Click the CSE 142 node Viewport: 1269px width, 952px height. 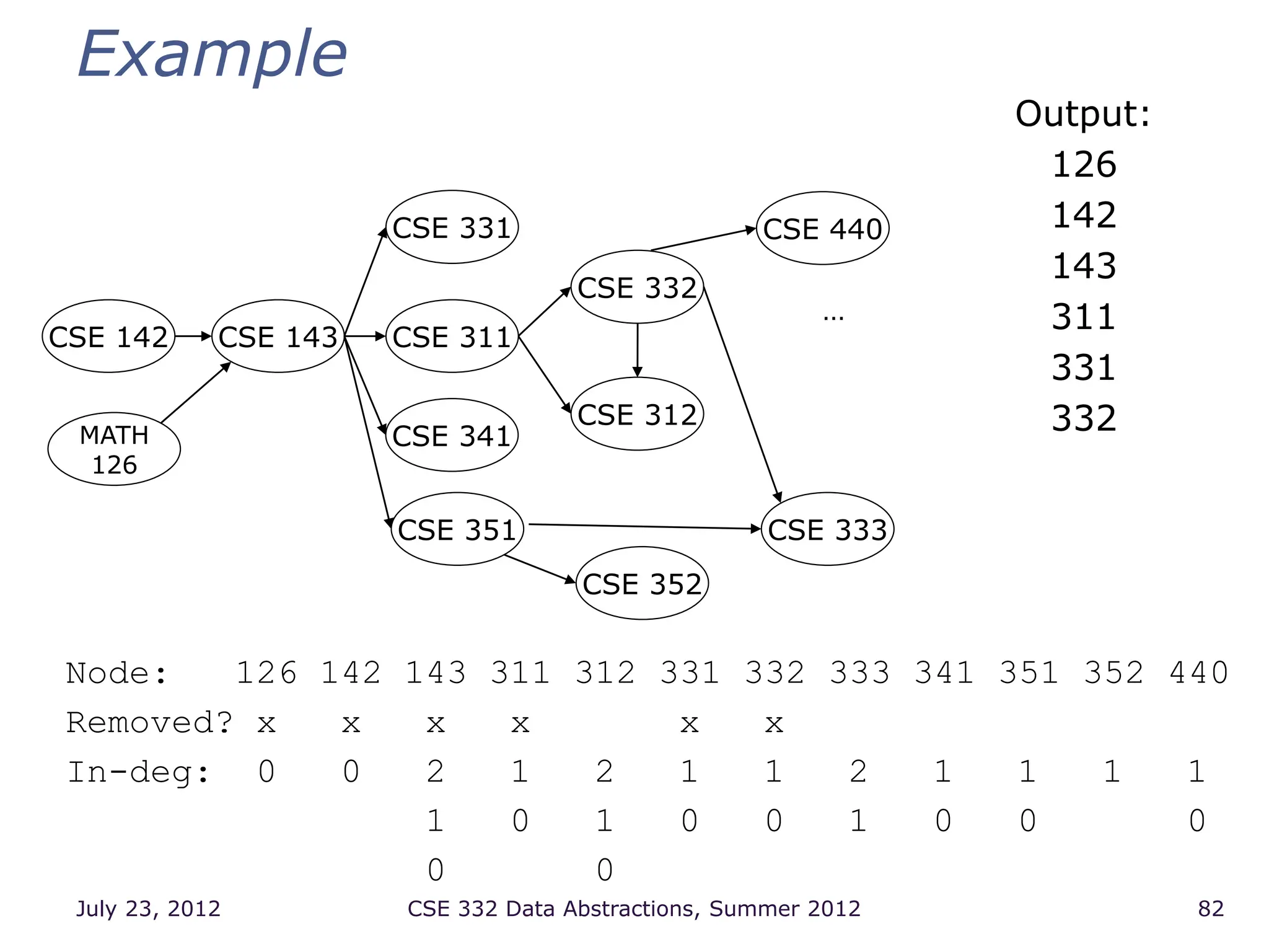(x=108, y=337)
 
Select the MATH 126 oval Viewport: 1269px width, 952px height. (x=114, y=449)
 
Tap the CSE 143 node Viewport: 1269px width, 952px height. (x=278, y=337)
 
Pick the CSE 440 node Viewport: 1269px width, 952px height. (x=822, y=229)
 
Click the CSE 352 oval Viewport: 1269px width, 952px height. (x=642, y=583)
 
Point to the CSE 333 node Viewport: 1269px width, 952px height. (x=827, y=529)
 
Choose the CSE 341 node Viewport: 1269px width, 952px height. (x=452, y=435)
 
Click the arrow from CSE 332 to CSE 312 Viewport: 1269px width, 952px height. (x=637, y=350)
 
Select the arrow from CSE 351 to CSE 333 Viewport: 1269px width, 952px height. (x=644, y=527)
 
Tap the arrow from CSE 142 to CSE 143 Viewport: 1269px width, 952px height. (x=193, y=337)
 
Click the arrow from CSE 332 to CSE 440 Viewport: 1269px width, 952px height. (x=703, y=239)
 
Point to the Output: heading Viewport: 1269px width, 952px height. (x=1082, y=114)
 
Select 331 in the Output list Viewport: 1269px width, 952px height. (x=1084, y=368)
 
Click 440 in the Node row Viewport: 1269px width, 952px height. (x=1198, y=672)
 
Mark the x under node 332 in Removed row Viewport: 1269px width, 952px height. (x=774, y=723)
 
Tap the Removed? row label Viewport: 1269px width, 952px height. (x=149, y=723)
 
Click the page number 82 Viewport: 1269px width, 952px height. (x=1211, y=909)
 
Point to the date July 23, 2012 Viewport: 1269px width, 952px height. (x=148, y=909)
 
